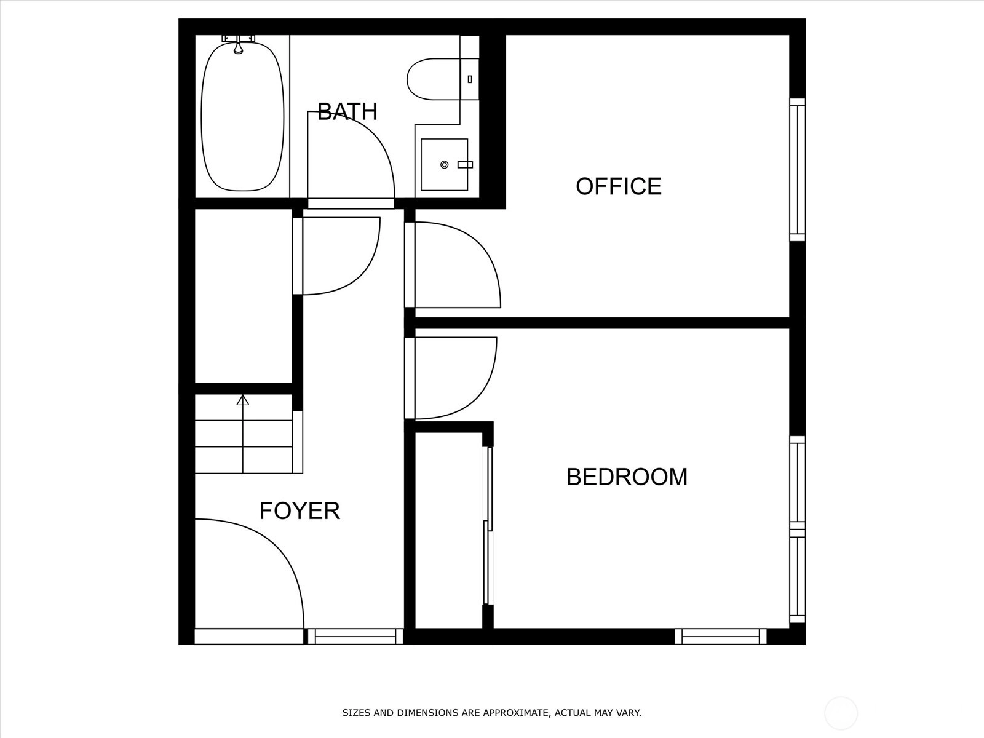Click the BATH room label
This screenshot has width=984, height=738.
347,111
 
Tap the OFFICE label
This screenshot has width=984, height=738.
619,186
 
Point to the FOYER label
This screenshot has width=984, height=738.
300,510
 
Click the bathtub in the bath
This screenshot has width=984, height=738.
242,116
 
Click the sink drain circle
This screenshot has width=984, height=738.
444,165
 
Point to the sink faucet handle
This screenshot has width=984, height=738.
465,165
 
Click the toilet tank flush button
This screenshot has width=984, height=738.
470,79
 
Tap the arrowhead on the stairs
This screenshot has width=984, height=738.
242,400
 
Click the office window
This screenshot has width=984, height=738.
798,170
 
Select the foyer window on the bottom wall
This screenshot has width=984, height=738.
355,637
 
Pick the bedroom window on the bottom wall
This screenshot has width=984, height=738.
720,637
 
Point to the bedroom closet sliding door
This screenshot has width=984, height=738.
488,526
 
